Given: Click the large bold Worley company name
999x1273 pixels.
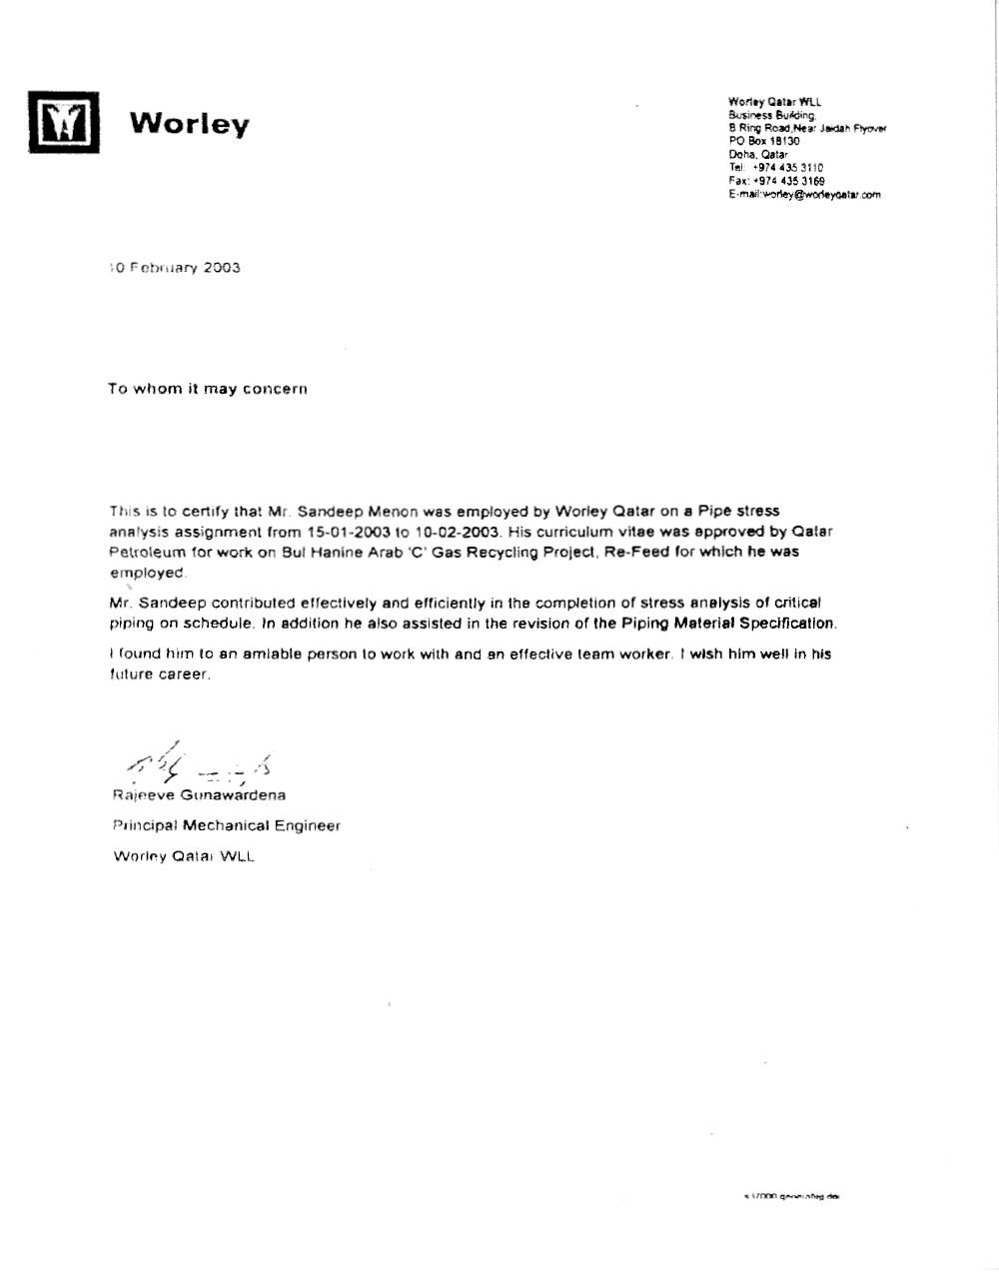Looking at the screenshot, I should (190, 124).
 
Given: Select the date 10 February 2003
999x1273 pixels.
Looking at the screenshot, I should (175, 268).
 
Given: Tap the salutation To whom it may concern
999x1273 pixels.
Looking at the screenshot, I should (207, 389).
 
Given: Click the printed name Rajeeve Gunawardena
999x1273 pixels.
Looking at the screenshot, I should (199, 795).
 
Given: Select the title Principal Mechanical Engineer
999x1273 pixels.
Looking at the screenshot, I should (226, 825).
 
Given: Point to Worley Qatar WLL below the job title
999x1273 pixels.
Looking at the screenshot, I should (184, 856).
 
